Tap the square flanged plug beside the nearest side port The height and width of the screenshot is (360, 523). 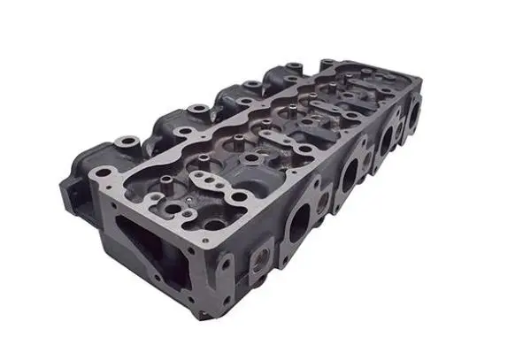tap(263, 258)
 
